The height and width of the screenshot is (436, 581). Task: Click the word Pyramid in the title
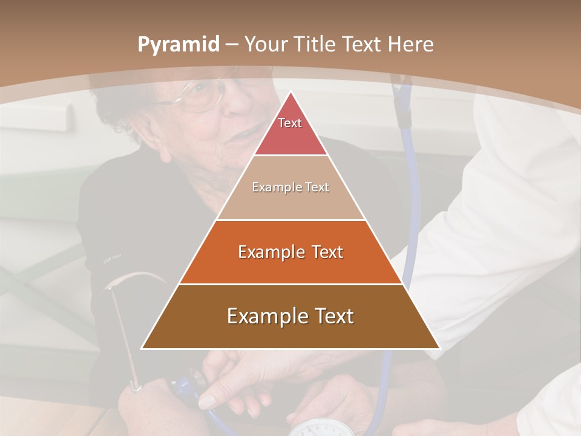pos(178,45)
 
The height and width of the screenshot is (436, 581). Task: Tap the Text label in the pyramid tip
pos(290,123)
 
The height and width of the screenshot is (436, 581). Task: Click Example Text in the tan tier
pos(290,187)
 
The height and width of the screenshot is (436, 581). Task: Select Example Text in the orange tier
pos(290,252)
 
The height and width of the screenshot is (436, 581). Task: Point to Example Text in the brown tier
pos(290,316)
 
